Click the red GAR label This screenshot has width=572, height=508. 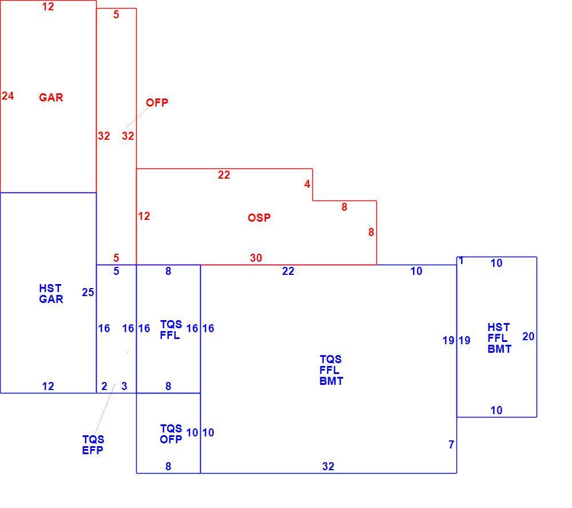click(x=51, y=97)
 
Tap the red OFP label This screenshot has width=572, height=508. click(x=157, y=103)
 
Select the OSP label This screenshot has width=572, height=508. click(x=259, y=218)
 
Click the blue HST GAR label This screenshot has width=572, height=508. click(x=51, y=294)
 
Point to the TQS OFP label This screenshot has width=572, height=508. click(x=170, y=434)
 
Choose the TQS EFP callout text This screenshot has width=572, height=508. click(x=93, y=445)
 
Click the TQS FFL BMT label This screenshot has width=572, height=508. click(x=331, y=371)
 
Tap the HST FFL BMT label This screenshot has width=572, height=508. click(x=499, y=338)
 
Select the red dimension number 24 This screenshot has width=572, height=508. click(x=8, y=96)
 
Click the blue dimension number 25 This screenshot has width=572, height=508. click(x=88, y=293)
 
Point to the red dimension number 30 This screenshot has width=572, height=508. click(x=256, y=258)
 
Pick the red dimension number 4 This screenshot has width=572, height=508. click(x=307, y=184)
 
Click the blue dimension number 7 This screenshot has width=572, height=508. click(x=451, y=445)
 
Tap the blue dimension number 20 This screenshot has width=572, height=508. click(x=528, y=336)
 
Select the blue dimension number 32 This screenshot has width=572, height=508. click(x=328, y=466)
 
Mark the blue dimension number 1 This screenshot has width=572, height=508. click(x=461, y=261)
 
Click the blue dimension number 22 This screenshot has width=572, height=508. click(x=288, y=271)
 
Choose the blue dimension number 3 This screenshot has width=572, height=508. click(x=124, y=387)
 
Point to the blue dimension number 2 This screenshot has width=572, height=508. click(x=104, y=387)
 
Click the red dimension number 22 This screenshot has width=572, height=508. click(x=224, y=175)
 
